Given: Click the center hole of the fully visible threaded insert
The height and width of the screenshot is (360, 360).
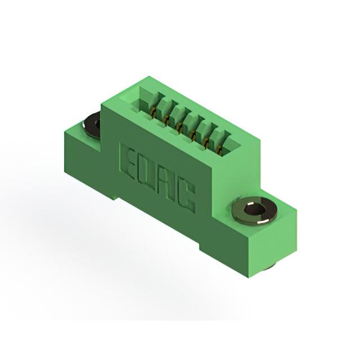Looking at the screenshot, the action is click(x=254, y=209).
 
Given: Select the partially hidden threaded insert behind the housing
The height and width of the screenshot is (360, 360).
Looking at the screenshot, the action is click(x=91, y=125).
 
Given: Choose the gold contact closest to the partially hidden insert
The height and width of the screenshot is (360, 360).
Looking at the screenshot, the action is click(x=152, y=112).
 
